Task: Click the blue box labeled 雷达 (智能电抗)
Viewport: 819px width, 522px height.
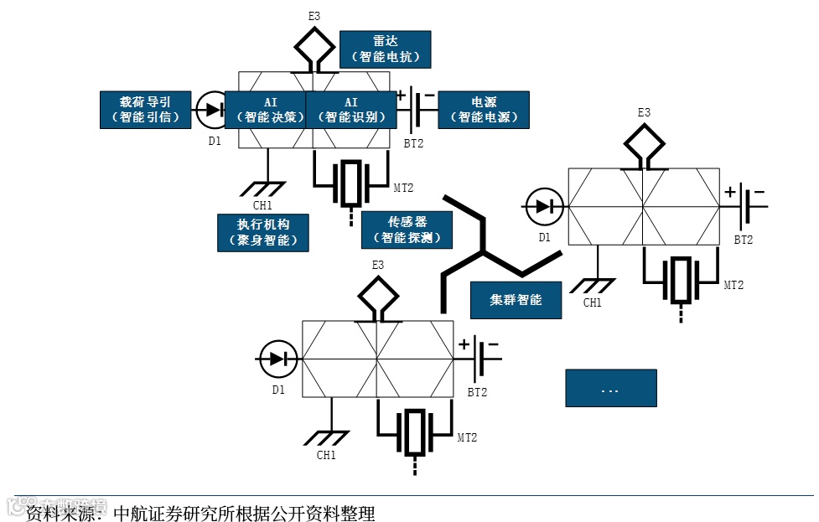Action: (386, 49)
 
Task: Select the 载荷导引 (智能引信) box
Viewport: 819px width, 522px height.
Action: (146, 109)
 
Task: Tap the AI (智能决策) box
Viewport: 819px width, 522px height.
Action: (270, 109)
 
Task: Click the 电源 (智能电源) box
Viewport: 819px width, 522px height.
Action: (484, 109)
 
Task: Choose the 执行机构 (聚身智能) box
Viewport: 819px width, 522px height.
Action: (262, 232)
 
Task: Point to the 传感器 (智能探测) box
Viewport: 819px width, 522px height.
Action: (407, 230)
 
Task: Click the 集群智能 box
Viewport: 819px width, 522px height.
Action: (516, 299)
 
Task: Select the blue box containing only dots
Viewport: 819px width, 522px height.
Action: (610, 388)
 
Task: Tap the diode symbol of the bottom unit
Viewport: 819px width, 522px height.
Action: (277, 359)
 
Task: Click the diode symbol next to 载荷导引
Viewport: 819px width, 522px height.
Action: (211, 109)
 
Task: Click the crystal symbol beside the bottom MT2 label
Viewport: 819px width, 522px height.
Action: (415, 432)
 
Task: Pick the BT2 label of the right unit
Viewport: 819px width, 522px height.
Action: (744, 240)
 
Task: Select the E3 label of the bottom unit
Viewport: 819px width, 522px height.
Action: (378, 265)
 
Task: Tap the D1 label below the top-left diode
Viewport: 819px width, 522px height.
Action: (215, 141)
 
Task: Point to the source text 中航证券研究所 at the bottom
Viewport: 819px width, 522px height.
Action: (168, 513)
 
